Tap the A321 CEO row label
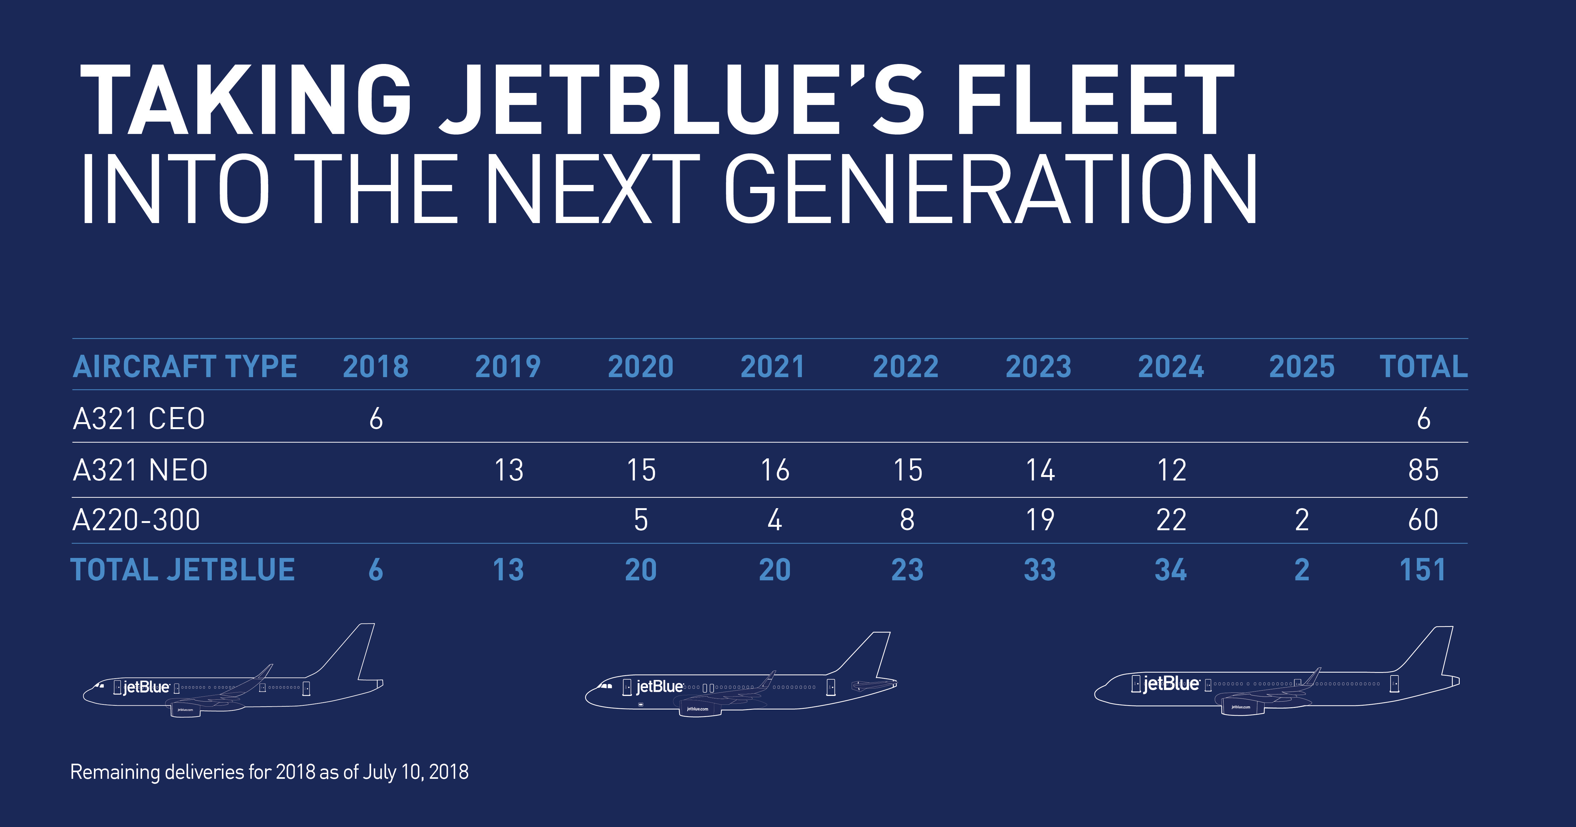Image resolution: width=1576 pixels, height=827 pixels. point(139,419)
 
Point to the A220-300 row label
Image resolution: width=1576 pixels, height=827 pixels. point(136,520)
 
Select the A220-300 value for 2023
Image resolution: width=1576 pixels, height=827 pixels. point(1040,520)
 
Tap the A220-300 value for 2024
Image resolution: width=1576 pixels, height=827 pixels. point(1171,520)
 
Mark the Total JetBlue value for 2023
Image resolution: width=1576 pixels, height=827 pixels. point(1040,570)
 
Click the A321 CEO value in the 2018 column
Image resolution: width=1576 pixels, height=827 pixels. point(376,419)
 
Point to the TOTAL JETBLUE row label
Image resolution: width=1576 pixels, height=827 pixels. point(183,570)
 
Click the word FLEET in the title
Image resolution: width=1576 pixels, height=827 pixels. point(1095,100)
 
